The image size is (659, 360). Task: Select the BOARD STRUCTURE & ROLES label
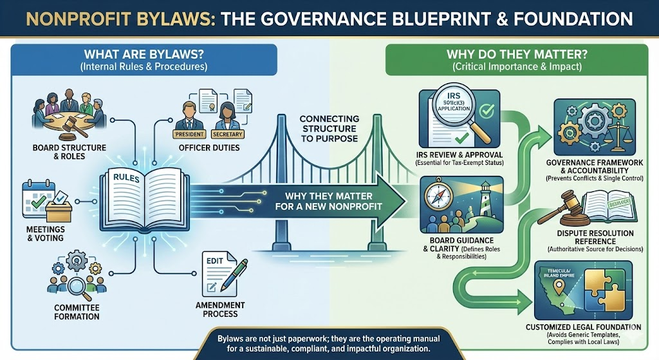pyautogui.click(x=63, y=153)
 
